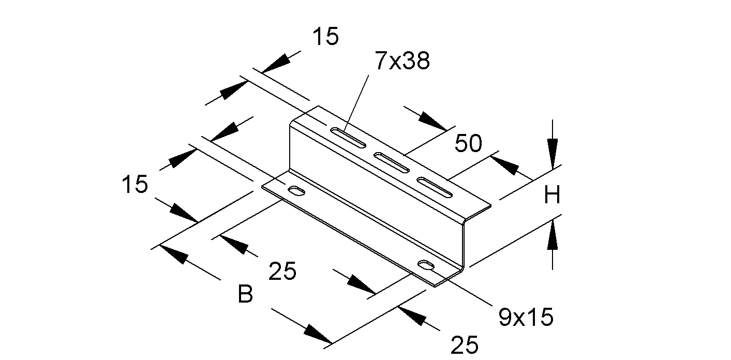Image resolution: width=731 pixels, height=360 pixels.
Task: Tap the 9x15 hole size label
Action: point(526,317)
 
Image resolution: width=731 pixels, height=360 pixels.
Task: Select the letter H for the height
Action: point(552,196)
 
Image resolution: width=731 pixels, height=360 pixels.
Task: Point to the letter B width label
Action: point(245,295)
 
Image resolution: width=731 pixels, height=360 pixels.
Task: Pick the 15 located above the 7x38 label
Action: point(325,37)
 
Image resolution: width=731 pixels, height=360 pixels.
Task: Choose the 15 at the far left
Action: point(135,185)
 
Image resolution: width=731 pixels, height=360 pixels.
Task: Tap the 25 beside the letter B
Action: point(282,271)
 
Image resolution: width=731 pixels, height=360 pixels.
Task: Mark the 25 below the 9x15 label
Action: point(465,345)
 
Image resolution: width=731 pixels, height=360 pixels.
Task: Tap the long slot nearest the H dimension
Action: point(435,187)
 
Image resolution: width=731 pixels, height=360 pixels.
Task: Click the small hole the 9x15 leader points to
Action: point(427,266)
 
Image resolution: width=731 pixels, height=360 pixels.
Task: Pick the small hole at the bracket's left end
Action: point(297,191)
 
